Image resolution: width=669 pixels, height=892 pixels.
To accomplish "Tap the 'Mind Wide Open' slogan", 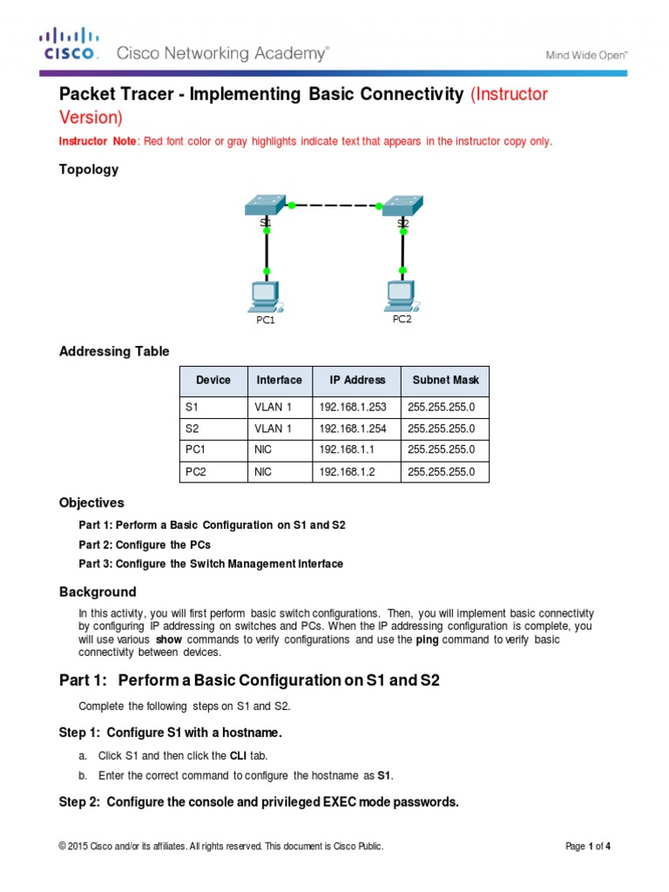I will pyautogui.click(x=586, y=54).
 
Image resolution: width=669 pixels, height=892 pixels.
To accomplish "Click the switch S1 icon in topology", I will pyautogui.click(x=266, y=206).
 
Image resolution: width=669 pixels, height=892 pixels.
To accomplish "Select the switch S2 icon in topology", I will pyautogui.click(x=402, y=206).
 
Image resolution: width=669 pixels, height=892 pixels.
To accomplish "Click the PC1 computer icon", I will pyautogui.click(x=263, y=297).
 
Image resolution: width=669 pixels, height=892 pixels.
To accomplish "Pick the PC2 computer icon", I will pyautogui.click(x=401, y=295).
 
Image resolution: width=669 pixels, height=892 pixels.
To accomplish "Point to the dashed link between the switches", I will pyautogui.click(x=335, y=206).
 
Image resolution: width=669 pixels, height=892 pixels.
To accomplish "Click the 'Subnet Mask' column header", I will pyautogui.click(x=445, y=380).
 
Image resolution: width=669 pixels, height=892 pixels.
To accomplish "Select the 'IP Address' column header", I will pyautogui.click(x=357, y=380).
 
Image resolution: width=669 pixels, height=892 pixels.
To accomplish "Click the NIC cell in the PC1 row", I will pyautogui.click(x=263, y=449).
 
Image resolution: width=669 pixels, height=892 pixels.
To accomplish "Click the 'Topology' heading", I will pyautogui.click(x=88, y=170).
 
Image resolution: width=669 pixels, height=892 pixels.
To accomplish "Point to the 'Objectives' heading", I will pyautogui.click(x=91, y=503).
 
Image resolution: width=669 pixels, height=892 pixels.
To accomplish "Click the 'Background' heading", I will pyautogui.click(x=98, y=591).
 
